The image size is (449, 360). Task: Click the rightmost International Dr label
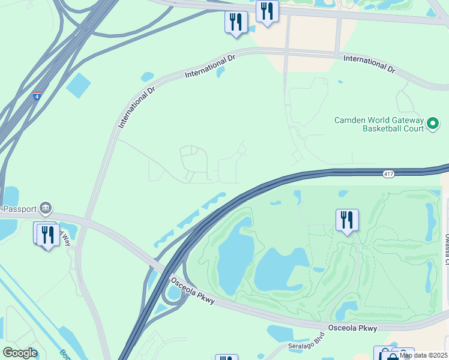(x=369, y=64)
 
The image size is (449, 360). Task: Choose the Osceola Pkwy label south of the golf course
(x=352, y=328)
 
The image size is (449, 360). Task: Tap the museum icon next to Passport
(x=46, y=209)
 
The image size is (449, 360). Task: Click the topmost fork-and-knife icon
(x=267, y=11)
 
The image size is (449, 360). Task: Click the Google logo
(x=20, y=353)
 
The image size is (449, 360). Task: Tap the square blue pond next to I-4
(x=78, y=85)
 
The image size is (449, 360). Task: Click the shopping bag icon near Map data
(x=391, y=355)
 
